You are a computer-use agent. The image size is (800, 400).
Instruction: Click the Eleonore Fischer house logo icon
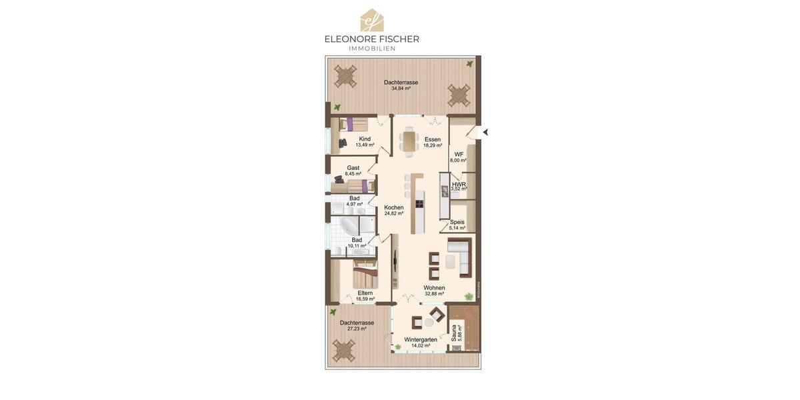pyautogui.click(x=371, y=20)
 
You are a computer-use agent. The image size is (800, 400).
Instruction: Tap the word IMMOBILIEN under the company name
pyautogui.click(x=372, y=49)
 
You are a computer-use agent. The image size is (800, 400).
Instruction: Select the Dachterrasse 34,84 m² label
pyautogui.click(x=401, y=85)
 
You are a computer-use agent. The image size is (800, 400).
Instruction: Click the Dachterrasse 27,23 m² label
pyautogui.click(x=357, y=325)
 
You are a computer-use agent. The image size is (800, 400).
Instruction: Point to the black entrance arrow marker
pyautogui.click(x=485, y=132)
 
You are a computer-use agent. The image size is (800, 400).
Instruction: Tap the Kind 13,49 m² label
pyautogui.click(x=365, y=142)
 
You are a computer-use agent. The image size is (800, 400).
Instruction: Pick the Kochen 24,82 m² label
pyautogui.click(x=393, y=210)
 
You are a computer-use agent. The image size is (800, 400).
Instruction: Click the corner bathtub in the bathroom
pyautogui.click(x=350, y=225)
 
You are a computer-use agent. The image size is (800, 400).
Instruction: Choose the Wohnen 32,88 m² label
pyautogui.click(x=434, y=291)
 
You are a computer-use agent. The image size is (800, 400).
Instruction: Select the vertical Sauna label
pyautogui.click(x=455, y=333)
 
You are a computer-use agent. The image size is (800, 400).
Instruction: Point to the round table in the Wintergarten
pyautogui.click(x=429, y=322)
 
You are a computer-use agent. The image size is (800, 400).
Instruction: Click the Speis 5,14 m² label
pyautogui.click(x=457, y=225)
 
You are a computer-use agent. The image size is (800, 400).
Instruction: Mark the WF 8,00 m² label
pyautogui.click(x=458, y=157)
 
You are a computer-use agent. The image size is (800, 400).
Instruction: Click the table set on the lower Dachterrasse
pyautogui.click(x=344, y=349)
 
